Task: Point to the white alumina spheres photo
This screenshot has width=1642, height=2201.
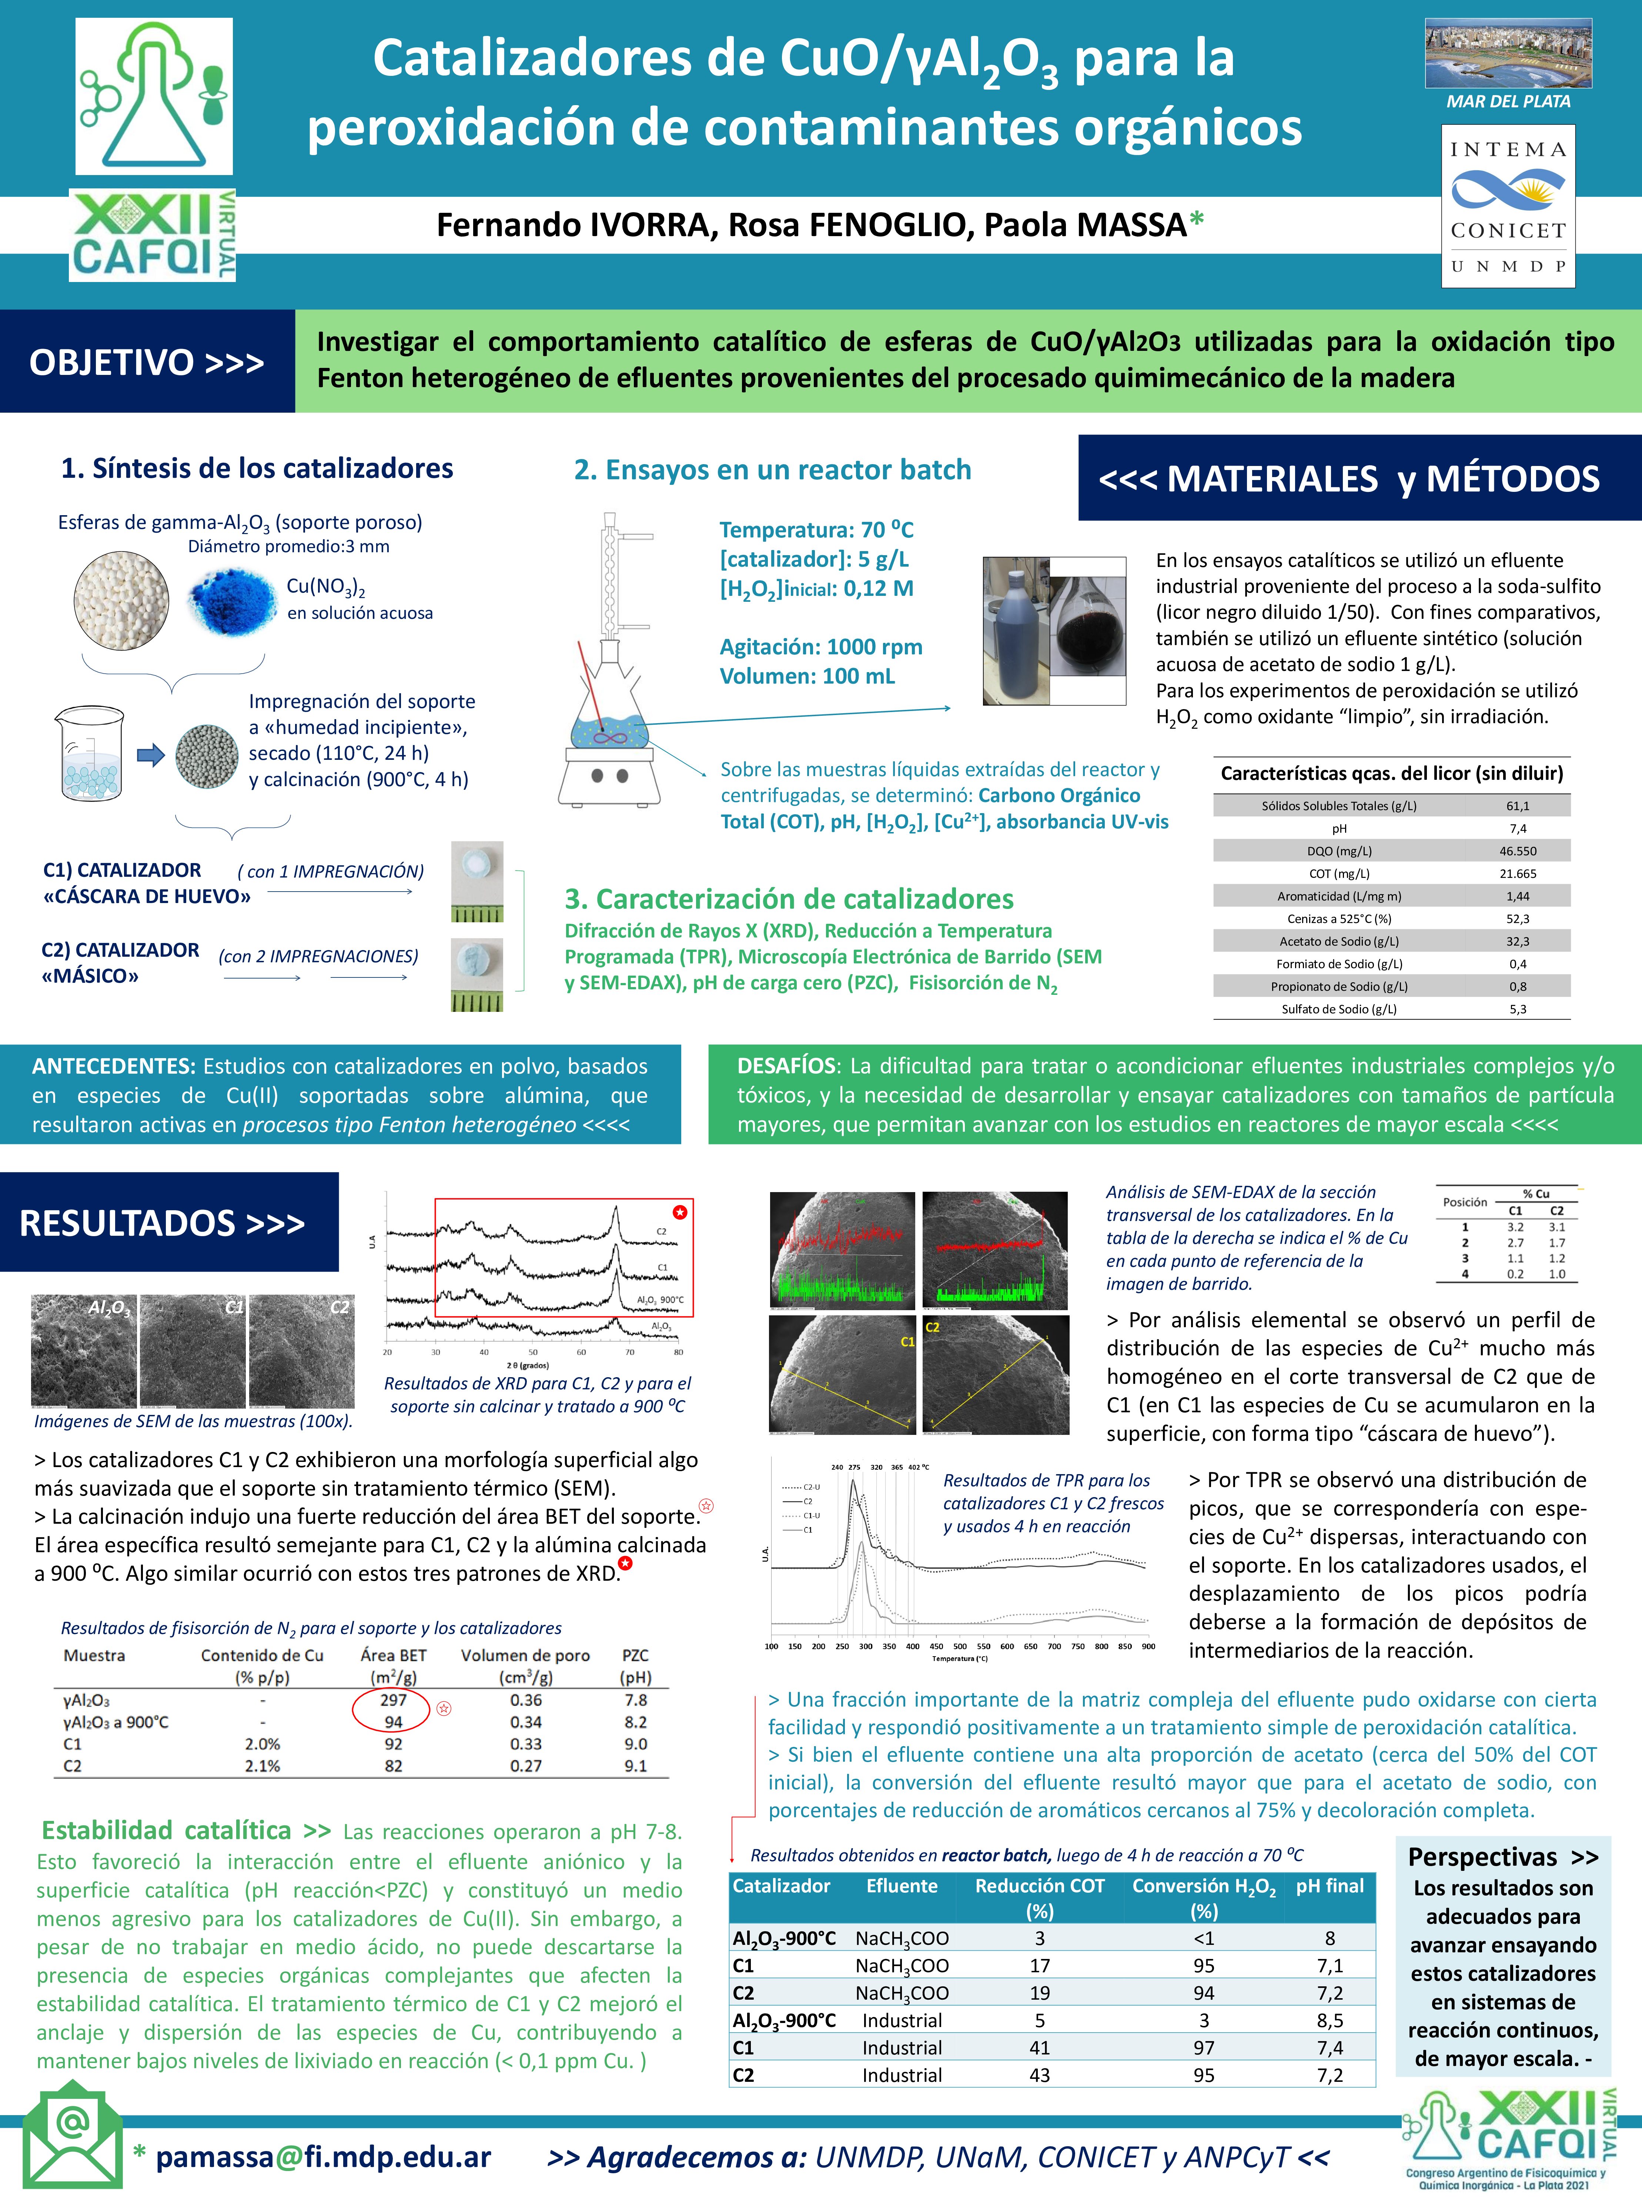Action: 121,599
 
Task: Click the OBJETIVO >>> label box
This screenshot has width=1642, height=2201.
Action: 147,362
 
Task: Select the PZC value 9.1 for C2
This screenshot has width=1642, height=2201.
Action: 635,1766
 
